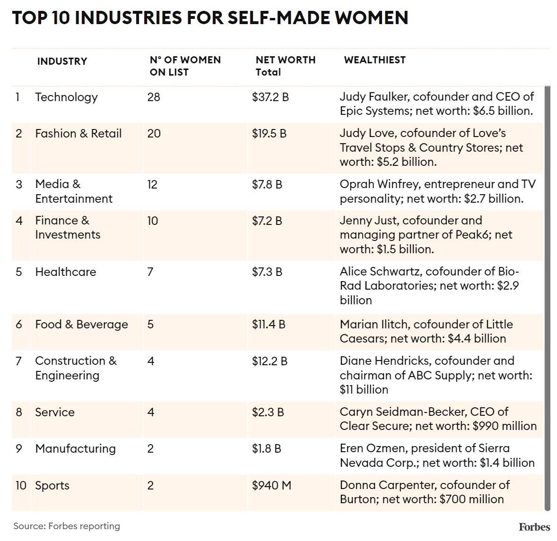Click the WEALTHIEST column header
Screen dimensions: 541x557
[374, 60]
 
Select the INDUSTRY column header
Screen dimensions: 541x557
[62, 61]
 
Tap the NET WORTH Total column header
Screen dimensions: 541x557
[285, 66]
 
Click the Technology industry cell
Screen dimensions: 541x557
[66, 97]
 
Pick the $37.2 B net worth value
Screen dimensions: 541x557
[270, 97]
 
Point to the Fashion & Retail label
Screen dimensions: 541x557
[78, 134]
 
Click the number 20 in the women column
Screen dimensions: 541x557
[154, 134]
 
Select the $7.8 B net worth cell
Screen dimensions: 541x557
[267, 184]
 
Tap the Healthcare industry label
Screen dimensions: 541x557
[65, 272]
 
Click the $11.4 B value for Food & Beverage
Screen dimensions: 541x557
[268, 325]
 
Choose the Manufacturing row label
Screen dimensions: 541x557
[75, 449]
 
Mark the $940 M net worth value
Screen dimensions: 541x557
[271, 485]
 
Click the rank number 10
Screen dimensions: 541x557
[21, 485]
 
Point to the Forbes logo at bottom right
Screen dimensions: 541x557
[534, 527]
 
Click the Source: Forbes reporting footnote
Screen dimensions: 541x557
[67, 526]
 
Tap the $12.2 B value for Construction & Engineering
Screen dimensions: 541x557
[270, 361]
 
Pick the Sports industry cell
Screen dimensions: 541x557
[52, 486]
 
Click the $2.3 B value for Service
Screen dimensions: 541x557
[268, 412]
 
